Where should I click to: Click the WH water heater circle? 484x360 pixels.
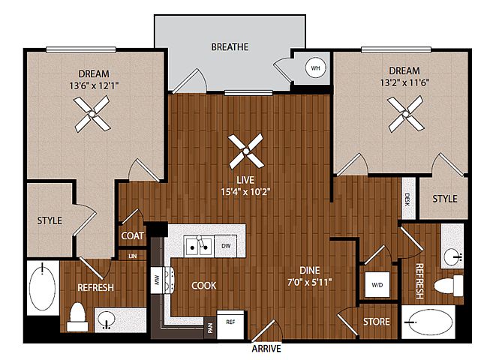[315, 67]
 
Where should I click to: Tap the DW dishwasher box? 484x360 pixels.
[226, 246]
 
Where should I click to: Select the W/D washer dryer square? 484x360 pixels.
[377, 285]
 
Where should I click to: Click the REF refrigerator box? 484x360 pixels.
[230, 324]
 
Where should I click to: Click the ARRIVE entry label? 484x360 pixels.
[266, 349]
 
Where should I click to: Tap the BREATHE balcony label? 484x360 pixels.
[230, 47]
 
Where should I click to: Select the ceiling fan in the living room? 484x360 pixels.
[246, 151]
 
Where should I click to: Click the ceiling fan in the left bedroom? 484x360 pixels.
[92, 114]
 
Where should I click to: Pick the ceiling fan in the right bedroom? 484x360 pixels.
[406, 114]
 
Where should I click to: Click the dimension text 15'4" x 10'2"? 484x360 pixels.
[245, 192]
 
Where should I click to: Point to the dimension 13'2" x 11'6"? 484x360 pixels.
[404, 82]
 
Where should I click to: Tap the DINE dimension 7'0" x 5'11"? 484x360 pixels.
[310, 282]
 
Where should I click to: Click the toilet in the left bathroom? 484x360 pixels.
[77, 316]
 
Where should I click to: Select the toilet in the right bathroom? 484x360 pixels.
[449, 285]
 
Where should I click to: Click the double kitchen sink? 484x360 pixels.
[198, 246]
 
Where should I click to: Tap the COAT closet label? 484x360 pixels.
[132, 236]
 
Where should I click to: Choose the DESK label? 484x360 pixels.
[407, 199]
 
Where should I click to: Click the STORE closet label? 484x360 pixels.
[376, 322]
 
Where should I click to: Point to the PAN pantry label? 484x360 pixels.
[211, 328]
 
